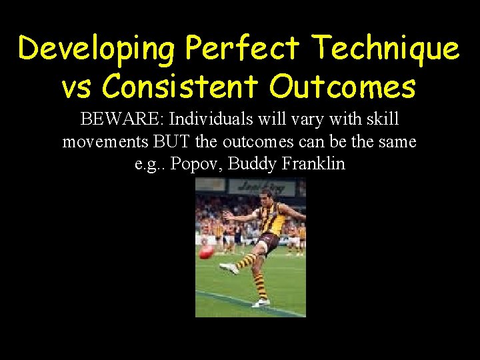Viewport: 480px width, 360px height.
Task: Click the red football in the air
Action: pyautogui.click(x=207, y=251)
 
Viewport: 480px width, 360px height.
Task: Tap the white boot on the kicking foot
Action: pyautogui.click(x=229, y=267)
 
